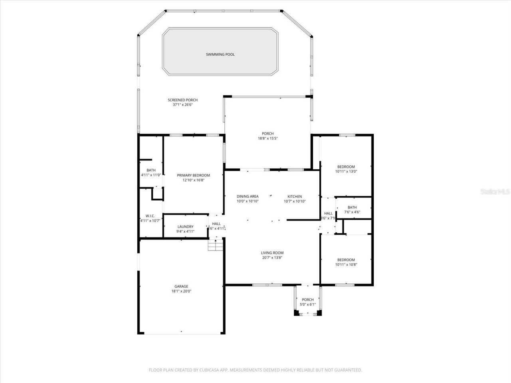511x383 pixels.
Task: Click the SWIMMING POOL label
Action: coord(220,54)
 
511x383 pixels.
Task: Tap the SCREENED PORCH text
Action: coord(182,100)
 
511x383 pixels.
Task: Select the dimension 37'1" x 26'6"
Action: coord(182,105)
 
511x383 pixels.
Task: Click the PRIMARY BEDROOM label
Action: coord(193,175)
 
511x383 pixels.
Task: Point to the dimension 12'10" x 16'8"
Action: coord(193,180)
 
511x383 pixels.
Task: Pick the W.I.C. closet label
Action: coord(150,216)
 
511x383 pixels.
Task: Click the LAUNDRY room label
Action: coord(185,227)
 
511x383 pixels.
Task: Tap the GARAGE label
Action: coord(181,286)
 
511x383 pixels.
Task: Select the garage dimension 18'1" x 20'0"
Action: coord(181,291)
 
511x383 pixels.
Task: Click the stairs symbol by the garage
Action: coord(215,245)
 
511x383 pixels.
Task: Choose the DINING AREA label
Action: coord(248,196)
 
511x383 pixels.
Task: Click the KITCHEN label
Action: coord(295,196)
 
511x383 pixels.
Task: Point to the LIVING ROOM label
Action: coord(272,253)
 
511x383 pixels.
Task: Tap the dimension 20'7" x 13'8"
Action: coord(272,258)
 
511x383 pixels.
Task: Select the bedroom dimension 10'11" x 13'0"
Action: coord(346,172)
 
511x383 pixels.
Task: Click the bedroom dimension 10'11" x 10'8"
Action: coord(346,265)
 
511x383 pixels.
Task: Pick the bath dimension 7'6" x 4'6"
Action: coord(352,212)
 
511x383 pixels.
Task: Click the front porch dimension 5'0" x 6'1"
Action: coord(308,304)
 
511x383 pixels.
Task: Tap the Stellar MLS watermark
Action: coord(495,192)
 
